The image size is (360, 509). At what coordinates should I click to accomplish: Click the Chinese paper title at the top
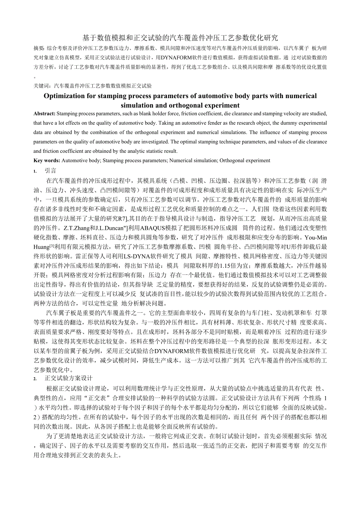tap(180, 38)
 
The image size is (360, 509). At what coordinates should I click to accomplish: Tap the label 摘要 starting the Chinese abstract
tap(39, 48)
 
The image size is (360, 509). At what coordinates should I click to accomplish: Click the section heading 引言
tap(50, 171)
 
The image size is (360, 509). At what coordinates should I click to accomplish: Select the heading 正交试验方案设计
tap(68, 378)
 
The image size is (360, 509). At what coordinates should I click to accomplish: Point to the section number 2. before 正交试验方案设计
tap(35, 379)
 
